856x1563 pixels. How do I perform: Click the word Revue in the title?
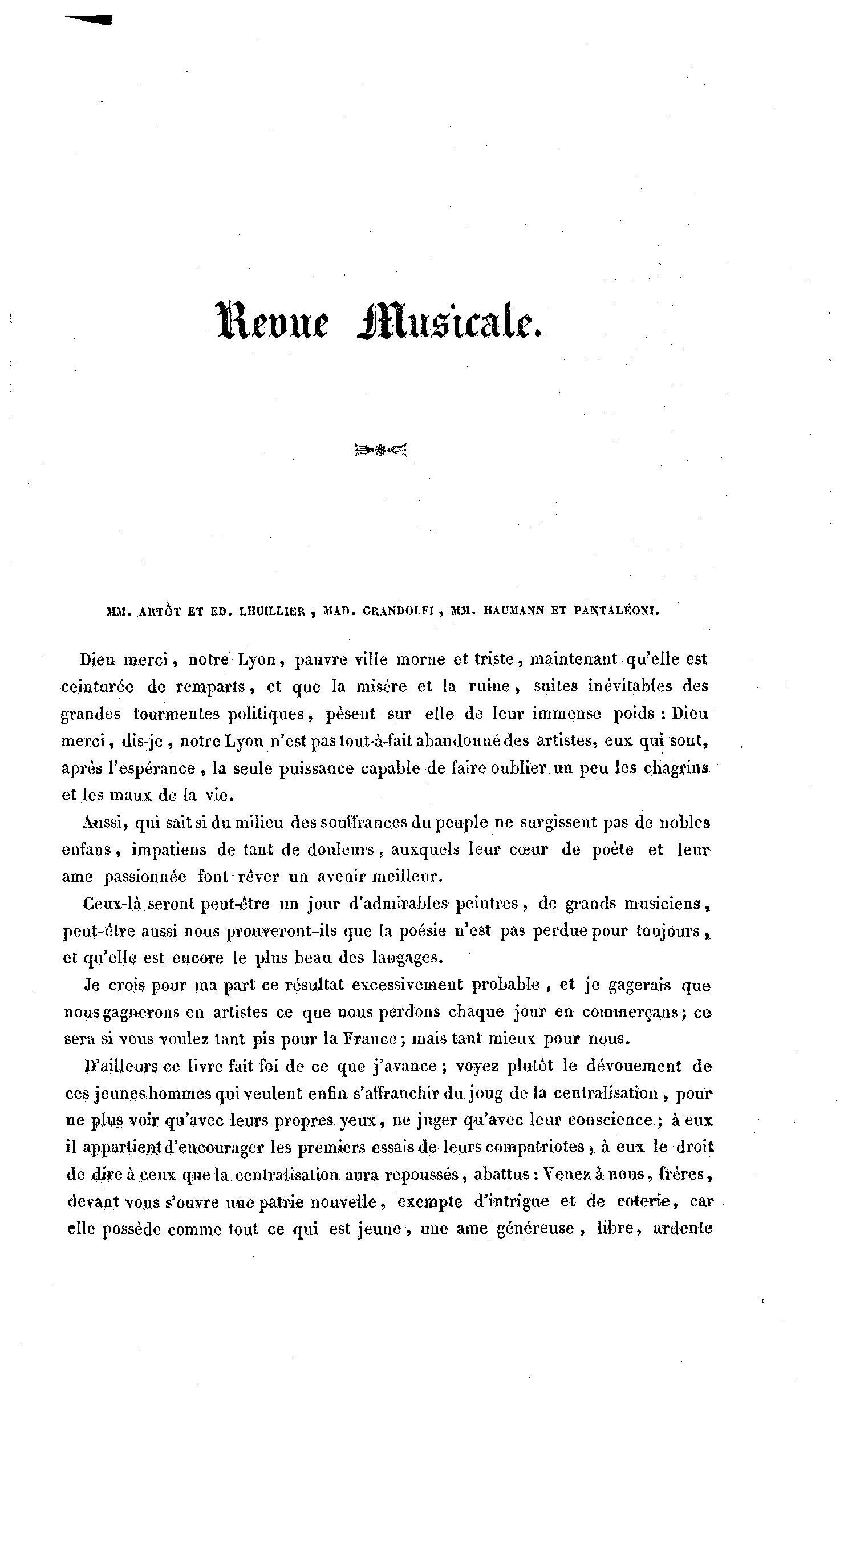273,321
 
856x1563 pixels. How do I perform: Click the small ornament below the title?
380,450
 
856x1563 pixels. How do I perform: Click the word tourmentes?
176,714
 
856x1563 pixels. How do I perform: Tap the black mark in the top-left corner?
90,20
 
